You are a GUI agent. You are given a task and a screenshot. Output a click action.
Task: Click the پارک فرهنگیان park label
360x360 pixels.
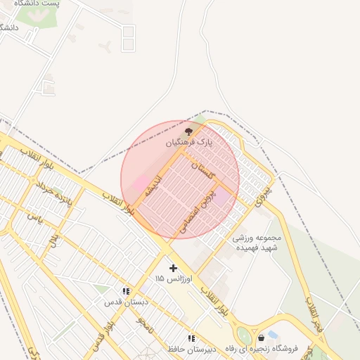coord(188,142)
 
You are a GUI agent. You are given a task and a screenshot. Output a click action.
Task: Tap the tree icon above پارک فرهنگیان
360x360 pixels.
coord(188,131)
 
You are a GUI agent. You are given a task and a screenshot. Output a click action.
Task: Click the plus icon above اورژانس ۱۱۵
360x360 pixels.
coord(174,268)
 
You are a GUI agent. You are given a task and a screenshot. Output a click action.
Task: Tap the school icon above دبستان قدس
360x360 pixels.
coord(126,291)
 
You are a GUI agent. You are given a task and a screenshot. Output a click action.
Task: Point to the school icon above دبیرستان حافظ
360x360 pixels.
coord(191,338)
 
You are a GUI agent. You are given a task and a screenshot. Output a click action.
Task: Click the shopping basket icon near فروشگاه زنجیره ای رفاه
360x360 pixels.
coord(262,337)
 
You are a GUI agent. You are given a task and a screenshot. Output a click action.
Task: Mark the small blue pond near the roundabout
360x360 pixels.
coord(273,333)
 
